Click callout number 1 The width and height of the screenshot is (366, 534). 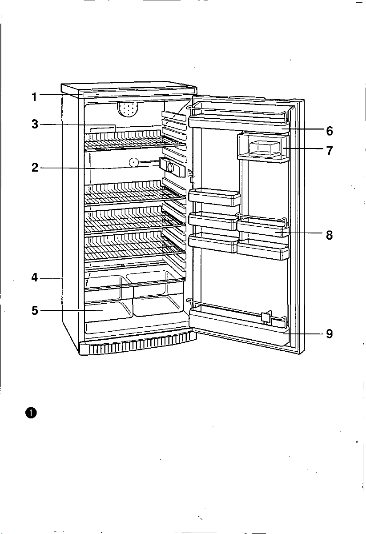35,97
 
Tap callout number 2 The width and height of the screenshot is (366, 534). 35,168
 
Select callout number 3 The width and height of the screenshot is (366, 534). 35,124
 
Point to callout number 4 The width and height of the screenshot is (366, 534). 35,278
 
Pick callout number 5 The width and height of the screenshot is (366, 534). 35,311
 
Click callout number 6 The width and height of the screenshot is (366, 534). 329,131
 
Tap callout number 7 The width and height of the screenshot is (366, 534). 329,150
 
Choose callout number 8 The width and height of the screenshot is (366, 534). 329,235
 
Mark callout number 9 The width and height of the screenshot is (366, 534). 329,334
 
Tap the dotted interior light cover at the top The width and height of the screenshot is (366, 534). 128,110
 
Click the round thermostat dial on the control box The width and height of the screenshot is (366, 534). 171,167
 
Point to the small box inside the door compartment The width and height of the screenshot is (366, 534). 264,149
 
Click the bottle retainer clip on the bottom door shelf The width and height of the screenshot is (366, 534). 266,317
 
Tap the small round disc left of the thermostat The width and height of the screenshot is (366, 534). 133,163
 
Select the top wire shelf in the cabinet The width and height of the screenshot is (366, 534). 135,141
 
